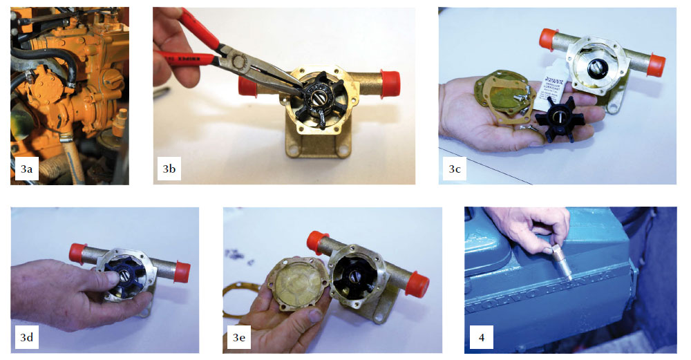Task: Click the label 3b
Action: (x=169, y=168)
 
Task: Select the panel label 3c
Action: (x=454, y=168)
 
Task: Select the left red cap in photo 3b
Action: (x=245, y=86)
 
